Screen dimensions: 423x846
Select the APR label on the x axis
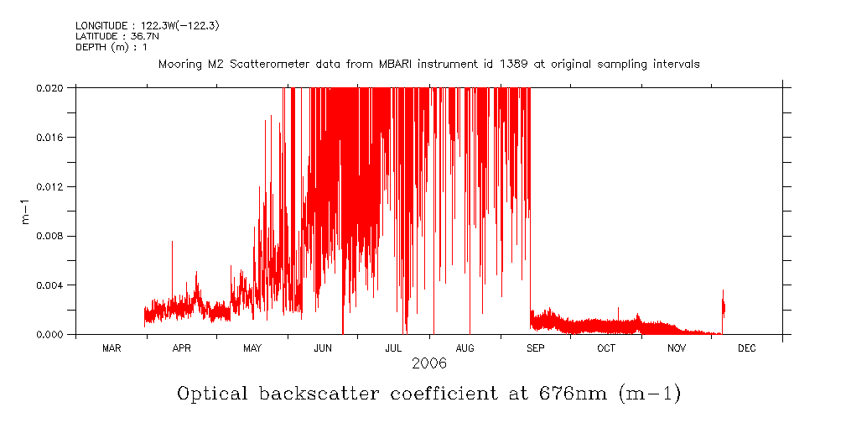coord(182,348)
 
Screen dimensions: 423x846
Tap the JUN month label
coord(323,348)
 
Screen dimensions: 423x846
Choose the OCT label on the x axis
coord(606,348)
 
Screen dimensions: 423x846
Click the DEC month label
coord(747,348)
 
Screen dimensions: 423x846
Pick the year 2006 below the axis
coord(428,363)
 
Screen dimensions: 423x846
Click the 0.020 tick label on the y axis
coord(52,87)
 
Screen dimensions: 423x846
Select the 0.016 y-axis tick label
coord(52,137)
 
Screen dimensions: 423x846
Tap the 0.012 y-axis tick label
coord(52,186)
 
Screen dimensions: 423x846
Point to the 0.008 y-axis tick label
coord(52,236)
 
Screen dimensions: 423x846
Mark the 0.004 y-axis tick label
coord(52,285)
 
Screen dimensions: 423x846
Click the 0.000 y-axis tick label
coord(52,335)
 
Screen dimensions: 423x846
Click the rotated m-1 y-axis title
coord(25,211)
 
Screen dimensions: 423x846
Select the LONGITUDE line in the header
coord(148,26)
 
